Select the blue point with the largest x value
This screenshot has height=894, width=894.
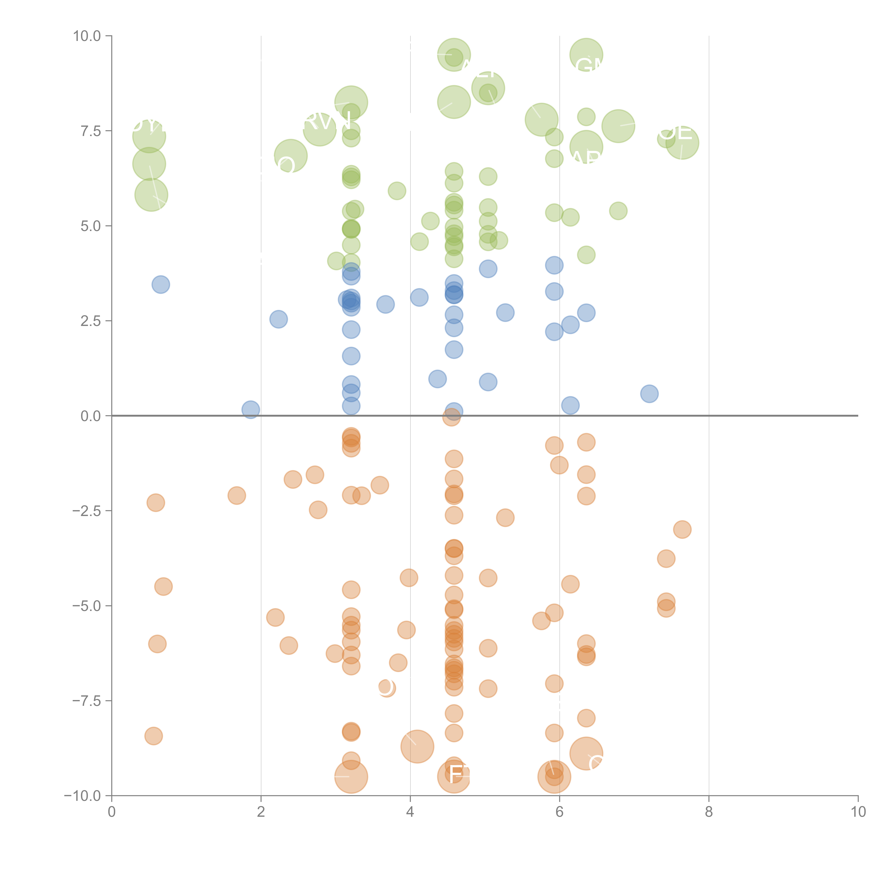click(649, 394)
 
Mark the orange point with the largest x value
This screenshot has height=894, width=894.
click(682, 529)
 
